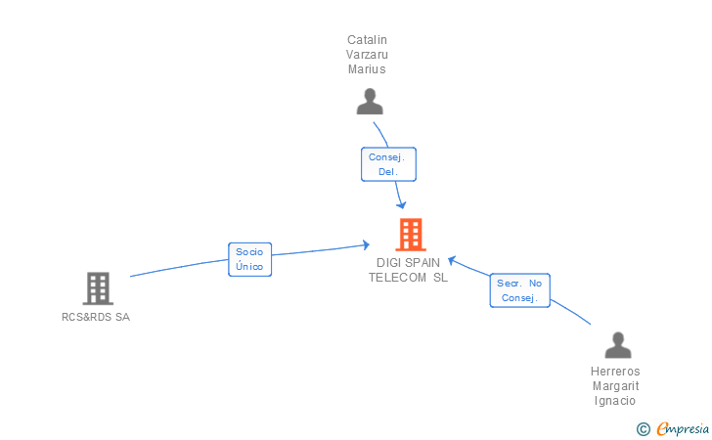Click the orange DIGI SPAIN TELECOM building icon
(x=411, y=235)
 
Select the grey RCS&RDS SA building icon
(x=97, y=288)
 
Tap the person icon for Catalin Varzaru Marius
(x=369, y=102)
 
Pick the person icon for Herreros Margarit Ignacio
(x=617, y=345)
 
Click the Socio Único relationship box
(x=249, y=259)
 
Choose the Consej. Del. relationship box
(x=387, y=163)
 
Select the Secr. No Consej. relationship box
(x=519, y=290)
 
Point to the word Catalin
(x=368, y=40)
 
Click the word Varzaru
(x=368, y=55)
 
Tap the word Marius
(x=368, y=69)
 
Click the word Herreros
(x=615, y=372)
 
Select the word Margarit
(x=615, y=386)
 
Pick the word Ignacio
(x=615, y=401)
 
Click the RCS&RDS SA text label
(x=96, y=317)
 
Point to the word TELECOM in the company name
(x=398, y=277)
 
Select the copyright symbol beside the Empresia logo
(x=643, y=428)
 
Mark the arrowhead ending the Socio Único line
(x=367, y=244)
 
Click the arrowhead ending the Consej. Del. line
(x=402, y=205)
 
